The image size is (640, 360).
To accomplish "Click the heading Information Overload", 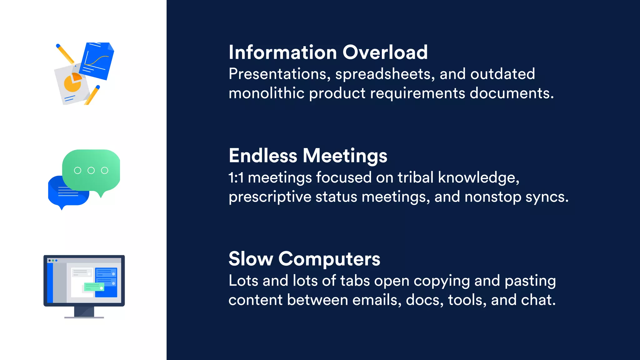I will [328, 52].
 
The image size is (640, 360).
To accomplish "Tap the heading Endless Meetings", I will [308, 156].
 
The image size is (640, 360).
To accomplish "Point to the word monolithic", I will [266, 93].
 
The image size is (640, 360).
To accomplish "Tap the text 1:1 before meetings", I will [236, 177].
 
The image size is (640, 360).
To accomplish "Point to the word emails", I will [377, 300].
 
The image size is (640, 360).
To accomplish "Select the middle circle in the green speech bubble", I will [91, 170].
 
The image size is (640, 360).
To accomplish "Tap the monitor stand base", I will [84, 317].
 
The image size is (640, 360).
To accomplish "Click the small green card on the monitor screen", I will [94, 287].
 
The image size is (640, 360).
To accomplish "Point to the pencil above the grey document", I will [65, 54].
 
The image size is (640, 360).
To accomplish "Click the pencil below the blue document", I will [92, 95].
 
